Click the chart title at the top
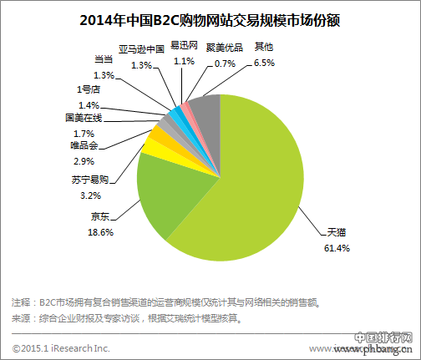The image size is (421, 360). point(210,18)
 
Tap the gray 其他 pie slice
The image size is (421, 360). point(205,112)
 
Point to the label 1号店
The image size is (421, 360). point(88,89)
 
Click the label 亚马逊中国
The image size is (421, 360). point(141,50)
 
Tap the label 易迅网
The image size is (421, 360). point(183,47)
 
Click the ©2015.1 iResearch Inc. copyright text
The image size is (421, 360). point(61,347)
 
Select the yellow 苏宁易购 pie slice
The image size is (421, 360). point(155,148)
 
